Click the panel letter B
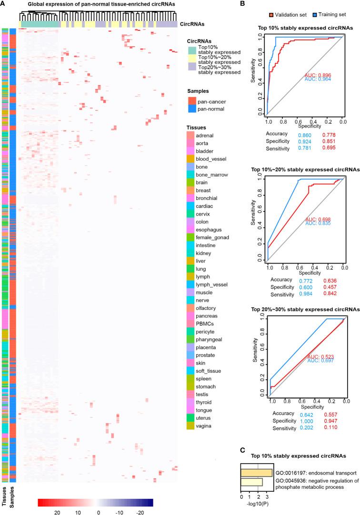(x=243, y=4)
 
